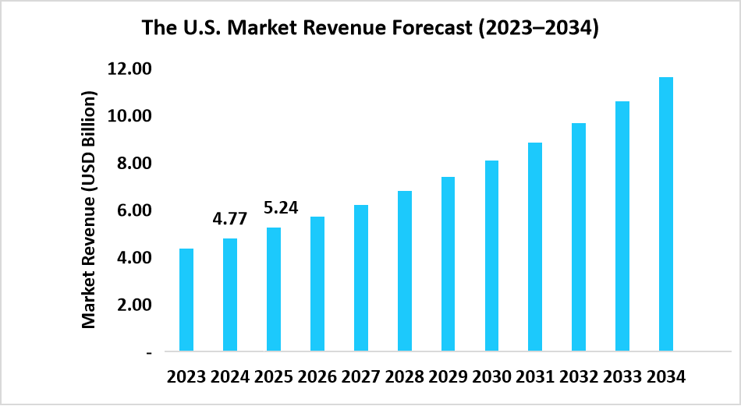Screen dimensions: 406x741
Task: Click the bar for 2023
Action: [x=186, y=300]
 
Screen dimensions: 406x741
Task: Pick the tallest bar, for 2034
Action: [x=665, y=214]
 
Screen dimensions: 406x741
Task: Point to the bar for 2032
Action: [x=578, y=237]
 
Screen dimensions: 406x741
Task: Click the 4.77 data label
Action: [x=230, y=219]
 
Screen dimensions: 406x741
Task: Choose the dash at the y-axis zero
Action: [x=148, y=353]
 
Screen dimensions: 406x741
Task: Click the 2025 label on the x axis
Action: [x=274, y=378]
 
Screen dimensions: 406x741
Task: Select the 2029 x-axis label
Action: [x=448, y=378]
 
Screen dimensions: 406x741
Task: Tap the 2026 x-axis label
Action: [x=317, y=378]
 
